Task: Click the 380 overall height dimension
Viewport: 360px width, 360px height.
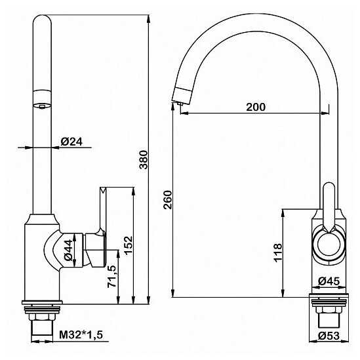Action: click(144, 159)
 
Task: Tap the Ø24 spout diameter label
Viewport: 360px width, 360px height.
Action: click(71, 142)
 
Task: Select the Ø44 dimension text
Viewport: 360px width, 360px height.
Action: click(68, 250)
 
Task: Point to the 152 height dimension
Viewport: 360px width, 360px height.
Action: click(128, 245)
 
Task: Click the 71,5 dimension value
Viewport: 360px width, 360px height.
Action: click(111, 277)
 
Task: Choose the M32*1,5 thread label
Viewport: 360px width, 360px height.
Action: click(81, 335)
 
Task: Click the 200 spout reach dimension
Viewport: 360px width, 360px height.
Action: click(256, 107)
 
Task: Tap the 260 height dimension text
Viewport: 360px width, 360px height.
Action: click(168, 200)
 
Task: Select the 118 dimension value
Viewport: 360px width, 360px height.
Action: click(277, 252)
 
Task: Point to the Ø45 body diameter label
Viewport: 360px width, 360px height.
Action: click(329, 281)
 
